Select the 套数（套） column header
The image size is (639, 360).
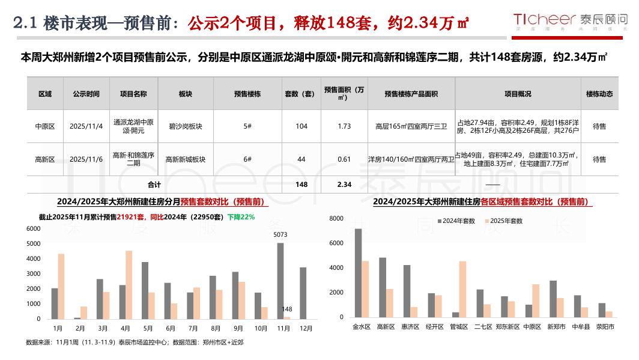coord(301,94)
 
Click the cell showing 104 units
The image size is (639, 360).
coord(301,126)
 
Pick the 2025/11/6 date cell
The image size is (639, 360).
coord(86,159)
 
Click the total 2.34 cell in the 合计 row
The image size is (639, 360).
coord(344,185)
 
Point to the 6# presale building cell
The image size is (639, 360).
coord(247,159)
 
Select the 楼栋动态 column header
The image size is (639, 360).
coord(599,94)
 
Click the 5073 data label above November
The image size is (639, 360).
coord(280,234)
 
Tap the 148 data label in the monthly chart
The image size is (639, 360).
coord(287,310)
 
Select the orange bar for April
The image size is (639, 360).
coord(129,285)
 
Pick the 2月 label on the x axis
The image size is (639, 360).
coord(80,329)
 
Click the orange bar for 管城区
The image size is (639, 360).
coord(462,289)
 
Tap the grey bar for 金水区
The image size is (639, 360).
coord(359,273)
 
